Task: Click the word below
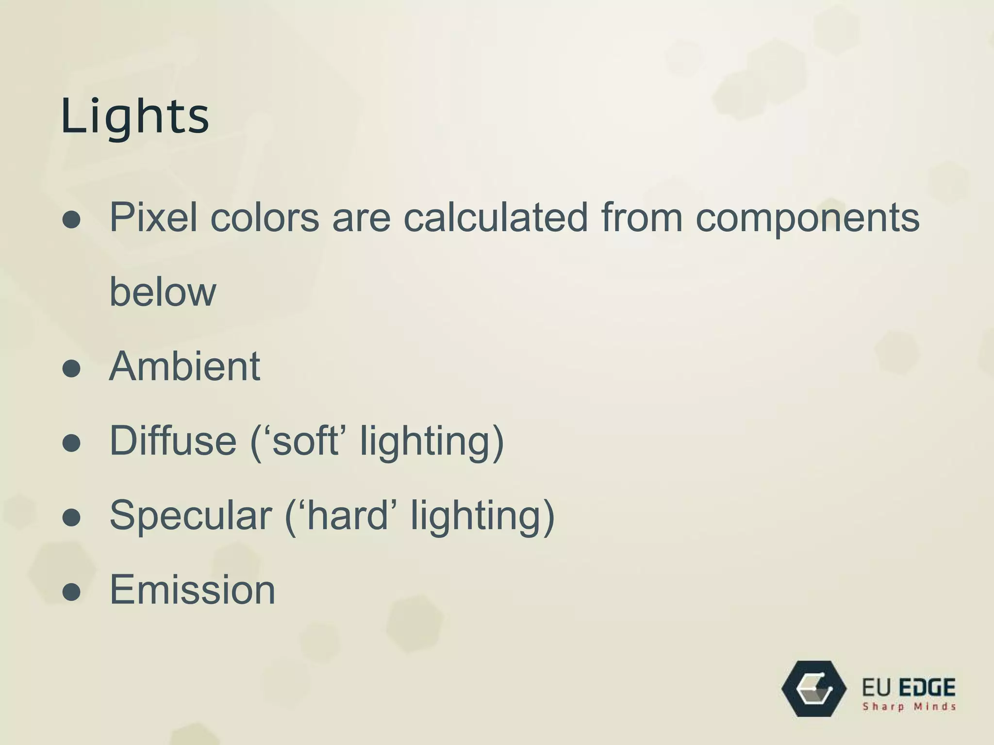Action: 163,292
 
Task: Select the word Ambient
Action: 185,367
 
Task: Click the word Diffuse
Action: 173,441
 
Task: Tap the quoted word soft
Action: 305,441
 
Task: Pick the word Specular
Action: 191,516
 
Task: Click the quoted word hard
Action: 348,516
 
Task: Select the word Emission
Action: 192,590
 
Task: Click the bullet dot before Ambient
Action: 71,369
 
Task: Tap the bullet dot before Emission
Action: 71,592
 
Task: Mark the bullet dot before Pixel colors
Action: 71,220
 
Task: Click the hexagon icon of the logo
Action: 814,689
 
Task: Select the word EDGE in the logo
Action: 928,688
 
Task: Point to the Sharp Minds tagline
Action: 909,707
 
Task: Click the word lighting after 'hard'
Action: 482,517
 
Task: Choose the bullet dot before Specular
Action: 71,518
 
